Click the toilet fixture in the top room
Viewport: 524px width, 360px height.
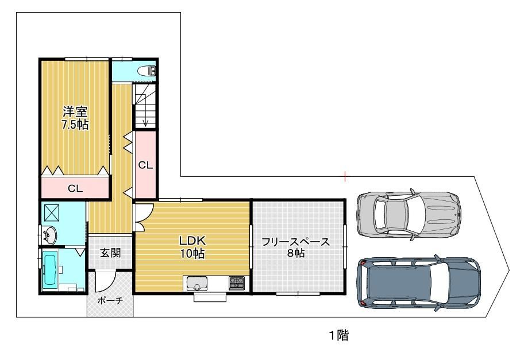[x=147, y=71]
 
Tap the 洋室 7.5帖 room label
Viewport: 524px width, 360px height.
[x=75, y=118]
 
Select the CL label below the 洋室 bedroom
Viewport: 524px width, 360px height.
[x=75, y=189]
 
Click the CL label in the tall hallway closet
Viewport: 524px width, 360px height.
[x=146, y=165]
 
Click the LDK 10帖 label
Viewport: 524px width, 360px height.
[x=192, y=247]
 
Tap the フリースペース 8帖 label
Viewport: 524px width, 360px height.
[x=295, y=247]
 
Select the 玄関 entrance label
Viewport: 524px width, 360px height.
[x=111, y=253]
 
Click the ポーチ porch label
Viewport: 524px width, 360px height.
[x=110, y=301]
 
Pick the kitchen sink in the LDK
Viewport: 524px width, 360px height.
[x=197, y=283]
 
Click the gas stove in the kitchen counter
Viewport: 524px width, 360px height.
[x=237, y=283]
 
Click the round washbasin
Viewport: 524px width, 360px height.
[x=49, y=234]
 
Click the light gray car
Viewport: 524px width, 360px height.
[x=409, y=215]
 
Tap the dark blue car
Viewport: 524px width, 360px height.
[x=419, y=282]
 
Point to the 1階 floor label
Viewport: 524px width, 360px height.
[x=340, y=335]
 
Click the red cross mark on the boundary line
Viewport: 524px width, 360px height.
[x=345, y=176]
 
